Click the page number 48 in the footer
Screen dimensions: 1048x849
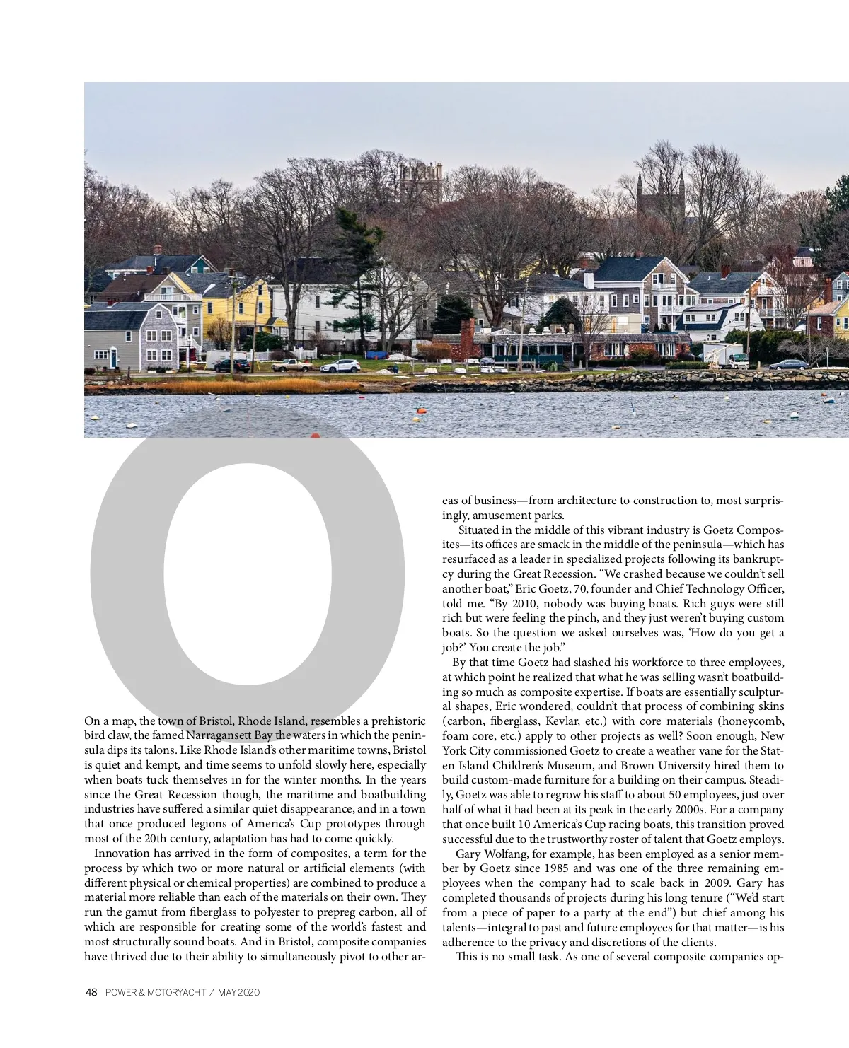[x=91, y=992]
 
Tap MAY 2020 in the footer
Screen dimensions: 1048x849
[x=238, y=992]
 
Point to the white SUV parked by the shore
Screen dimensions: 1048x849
[x=340, y=366]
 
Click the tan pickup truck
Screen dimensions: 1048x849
[x=292, y=365]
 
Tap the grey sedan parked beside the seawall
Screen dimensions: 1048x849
[x=788, y=365]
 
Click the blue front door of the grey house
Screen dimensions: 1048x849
[x=113, y=357]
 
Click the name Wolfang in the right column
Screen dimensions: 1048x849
[x=506, y=854]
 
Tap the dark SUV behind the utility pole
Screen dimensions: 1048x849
[x=232, y=366]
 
